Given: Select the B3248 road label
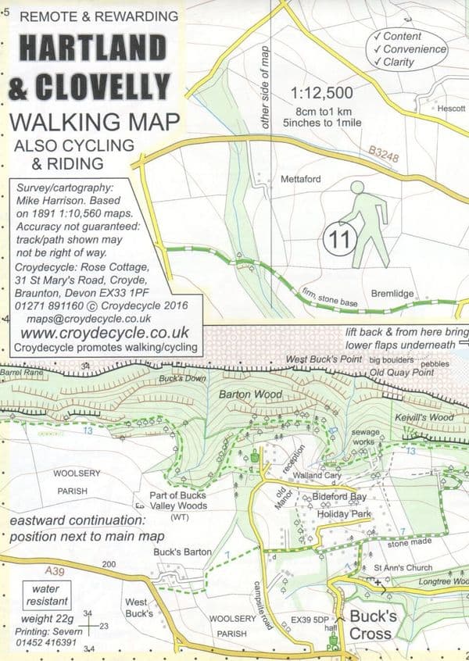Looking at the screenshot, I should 384,157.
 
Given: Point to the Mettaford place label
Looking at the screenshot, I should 301,179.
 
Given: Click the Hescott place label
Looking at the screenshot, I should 451,108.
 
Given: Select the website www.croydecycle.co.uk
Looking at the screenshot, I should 96,333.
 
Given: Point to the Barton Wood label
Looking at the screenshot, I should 250,395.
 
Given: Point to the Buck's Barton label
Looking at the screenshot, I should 183,552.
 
